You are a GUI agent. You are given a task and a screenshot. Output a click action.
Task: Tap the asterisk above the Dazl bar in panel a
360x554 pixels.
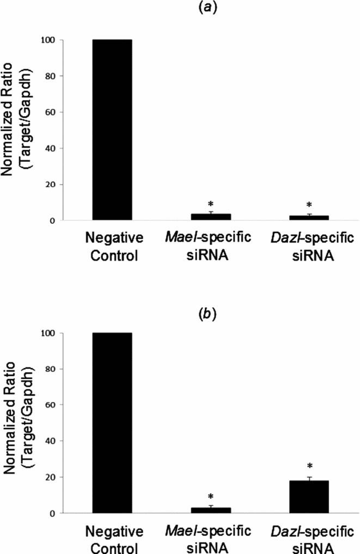(x=309, y=205)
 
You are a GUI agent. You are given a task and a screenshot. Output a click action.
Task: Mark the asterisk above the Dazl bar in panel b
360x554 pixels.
(x=309, y=466)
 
